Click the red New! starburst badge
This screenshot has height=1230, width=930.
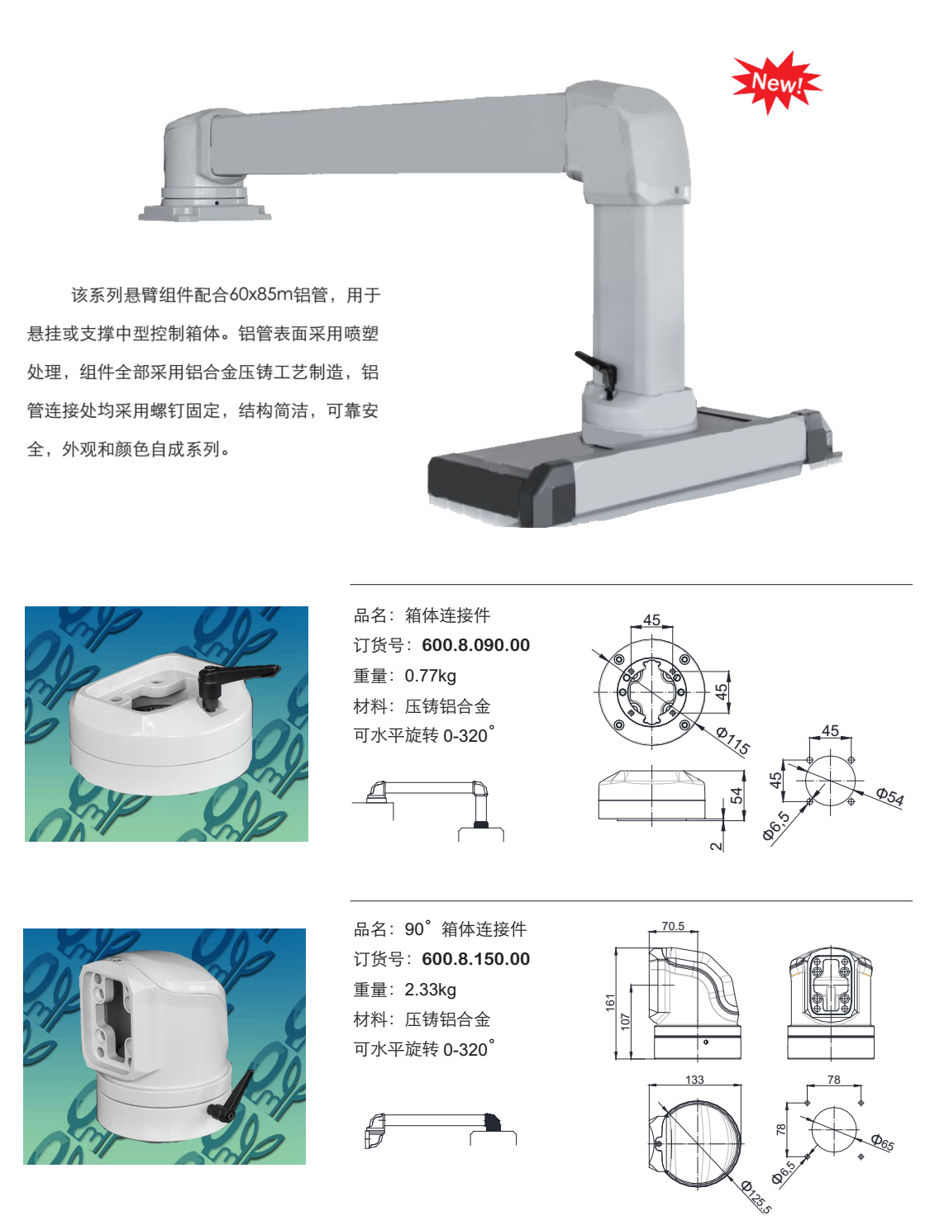(x=775, y=83)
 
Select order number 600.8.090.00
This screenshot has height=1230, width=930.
(x=475, y=645)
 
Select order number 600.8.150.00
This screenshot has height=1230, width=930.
(x=475, y=959)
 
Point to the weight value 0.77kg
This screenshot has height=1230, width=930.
(x=430, y=676)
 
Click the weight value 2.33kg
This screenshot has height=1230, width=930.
(x=430, y=990)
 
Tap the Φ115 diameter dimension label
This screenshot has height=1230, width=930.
(x=732, y=739)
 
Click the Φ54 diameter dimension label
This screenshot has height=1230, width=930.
(x=889, y=796)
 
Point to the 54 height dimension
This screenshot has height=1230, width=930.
(x=736, y=795)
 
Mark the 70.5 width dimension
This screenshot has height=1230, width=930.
(x=673, y=926)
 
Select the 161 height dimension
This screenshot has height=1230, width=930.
(x=610, y=1003)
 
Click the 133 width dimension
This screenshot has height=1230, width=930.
(x=694, y=1080)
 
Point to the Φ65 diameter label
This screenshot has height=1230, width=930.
(x=882, y=1142)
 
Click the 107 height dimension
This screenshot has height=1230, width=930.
(x=626, y=1022)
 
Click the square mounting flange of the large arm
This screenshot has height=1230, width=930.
(x=205, y=212)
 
